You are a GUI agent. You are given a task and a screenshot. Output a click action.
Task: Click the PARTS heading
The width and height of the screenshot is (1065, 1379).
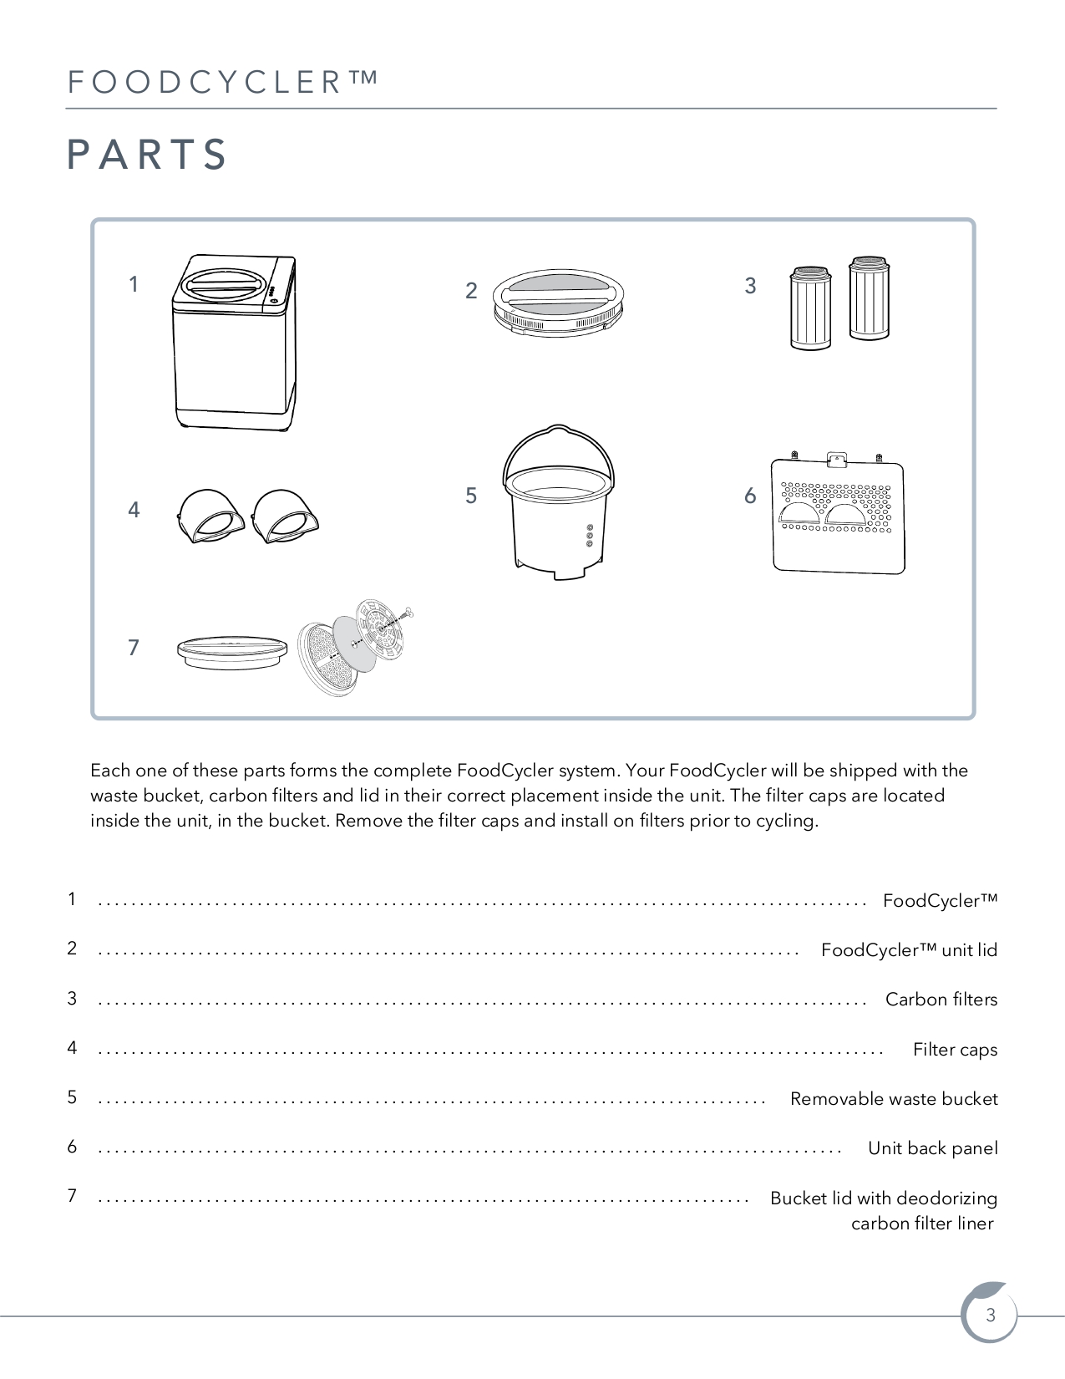(x=146, y=155)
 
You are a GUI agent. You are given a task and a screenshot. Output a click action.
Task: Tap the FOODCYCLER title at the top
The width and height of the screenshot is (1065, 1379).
(x=223, y=82)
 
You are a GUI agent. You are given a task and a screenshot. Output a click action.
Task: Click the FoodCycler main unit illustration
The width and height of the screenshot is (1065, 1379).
(x=234, y=343)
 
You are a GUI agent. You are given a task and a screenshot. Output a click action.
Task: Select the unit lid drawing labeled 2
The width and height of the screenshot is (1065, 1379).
(x=558, y=303)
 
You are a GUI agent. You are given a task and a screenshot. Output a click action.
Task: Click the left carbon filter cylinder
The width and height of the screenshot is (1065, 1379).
(x=810, y=308)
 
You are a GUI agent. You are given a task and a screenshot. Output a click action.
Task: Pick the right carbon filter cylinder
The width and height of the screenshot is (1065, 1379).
(x=869, y=298)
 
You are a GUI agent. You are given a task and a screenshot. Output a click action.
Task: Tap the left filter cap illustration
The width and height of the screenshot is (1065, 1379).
(x=210, y=516)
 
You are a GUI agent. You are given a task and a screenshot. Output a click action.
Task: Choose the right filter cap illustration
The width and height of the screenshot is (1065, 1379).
(x=285, y=516)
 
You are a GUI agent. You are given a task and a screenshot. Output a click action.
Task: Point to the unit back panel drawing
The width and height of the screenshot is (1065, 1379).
(x=838, y=513)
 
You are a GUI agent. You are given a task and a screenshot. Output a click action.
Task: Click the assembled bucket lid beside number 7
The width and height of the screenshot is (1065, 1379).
(x=231, y=652)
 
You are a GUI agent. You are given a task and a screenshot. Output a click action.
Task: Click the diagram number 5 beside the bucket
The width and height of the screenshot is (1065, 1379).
(x=470, y=496)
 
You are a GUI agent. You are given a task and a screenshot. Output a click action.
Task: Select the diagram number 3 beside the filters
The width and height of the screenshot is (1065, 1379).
(x=750, y=286)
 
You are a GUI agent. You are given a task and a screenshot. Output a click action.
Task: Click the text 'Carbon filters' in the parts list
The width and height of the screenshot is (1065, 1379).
(x=941, y=1000)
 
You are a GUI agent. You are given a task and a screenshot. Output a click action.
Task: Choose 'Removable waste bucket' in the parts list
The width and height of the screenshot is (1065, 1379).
(x=894, y=1098)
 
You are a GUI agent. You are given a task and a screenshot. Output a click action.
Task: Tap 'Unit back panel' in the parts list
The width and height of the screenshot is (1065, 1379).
(x=932, y=1148)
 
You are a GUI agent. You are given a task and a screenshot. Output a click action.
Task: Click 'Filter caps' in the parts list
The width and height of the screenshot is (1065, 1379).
(x=956, y=1050)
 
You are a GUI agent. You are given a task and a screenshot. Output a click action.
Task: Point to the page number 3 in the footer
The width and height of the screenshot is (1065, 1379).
(x=990, y=1315)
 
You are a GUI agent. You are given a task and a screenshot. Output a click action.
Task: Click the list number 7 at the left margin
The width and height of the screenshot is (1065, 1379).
(x=72, y=1196)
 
